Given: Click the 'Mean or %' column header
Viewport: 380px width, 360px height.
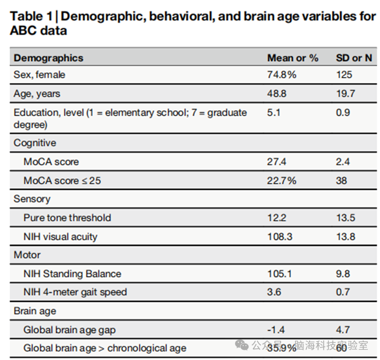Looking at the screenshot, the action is (x=293, y=58).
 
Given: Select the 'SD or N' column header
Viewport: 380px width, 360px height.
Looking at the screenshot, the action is (x=354, y=58).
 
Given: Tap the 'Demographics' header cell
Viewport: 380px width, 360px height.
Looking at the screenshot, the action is (x=48, y=58).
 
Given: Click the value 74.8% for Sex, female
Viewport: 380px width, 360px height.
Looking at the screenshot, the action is (x=282, y=75).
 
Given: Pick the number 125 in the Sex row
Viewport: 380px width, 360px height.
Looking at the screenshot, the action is (x=344, y=75).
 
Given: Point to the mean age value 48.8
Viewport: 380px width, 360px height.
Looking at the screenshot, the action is (x=277, y=94).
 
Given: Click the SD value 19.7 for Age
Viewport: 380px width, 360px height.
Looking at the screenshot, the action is (x=346, y=94).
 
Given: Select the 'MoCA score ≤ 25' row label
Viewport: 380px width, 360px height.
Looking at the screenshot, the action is (x=62, y=181).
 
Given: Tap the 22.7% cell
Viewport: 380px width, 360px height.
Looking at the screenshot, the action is (x=282, y=181).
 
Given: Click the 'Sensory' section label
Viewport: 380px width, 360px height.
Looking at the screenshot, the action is (x=32, y=199).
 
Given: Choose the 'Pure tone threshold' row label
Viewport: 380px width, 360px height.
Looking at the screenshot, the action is (x=67, y=218).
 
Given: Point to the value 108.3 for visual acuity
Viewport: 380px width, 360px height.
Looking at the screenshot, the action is (x=280, y=236).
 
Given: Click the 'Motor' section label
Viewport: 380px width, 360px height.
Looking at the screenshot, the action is (x=27, y=255).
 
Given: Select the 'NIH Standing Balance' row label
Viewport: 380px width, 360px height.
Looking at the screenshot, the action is (x=72, y=274).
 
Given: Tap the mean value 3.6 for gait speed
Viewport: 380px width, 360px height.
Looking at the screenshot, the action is (x=274, y=292).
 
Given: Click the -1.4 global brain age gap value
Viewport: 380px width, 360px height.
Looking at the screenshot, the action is (x=276, y=330).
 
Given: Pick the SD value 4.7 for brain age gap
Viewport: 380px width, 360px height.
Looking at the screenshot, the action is (x=343, y=330).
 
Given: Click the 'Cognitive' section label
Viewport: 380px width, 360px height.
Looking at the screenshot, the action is (x=35, y=143).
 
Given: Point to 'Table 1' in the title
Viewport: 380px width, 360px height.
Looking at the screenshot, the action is (x=31, y=16).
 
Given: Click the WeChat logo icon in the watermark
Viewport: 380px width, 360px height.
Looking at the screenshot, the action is (x=242, y=345).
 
